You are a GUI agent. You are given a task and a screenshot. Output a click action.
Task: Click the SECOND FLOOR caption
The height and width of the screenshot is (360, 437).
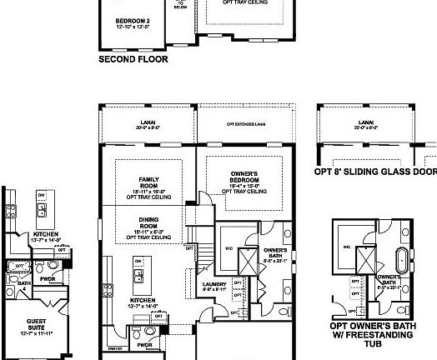click(133, 59)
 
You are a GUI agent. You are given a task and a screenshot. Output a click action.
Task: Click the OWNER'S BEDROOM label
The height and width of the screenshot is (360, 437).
click(244, 177)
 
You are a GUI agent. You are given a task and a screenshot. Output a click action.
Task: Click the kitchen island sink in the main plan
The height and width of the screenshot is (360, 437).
click(138, 274)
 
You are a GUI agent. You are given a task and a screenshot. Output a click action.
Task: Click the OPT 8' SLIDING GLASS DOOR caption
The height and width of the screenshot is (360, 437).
click(375, 172)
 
